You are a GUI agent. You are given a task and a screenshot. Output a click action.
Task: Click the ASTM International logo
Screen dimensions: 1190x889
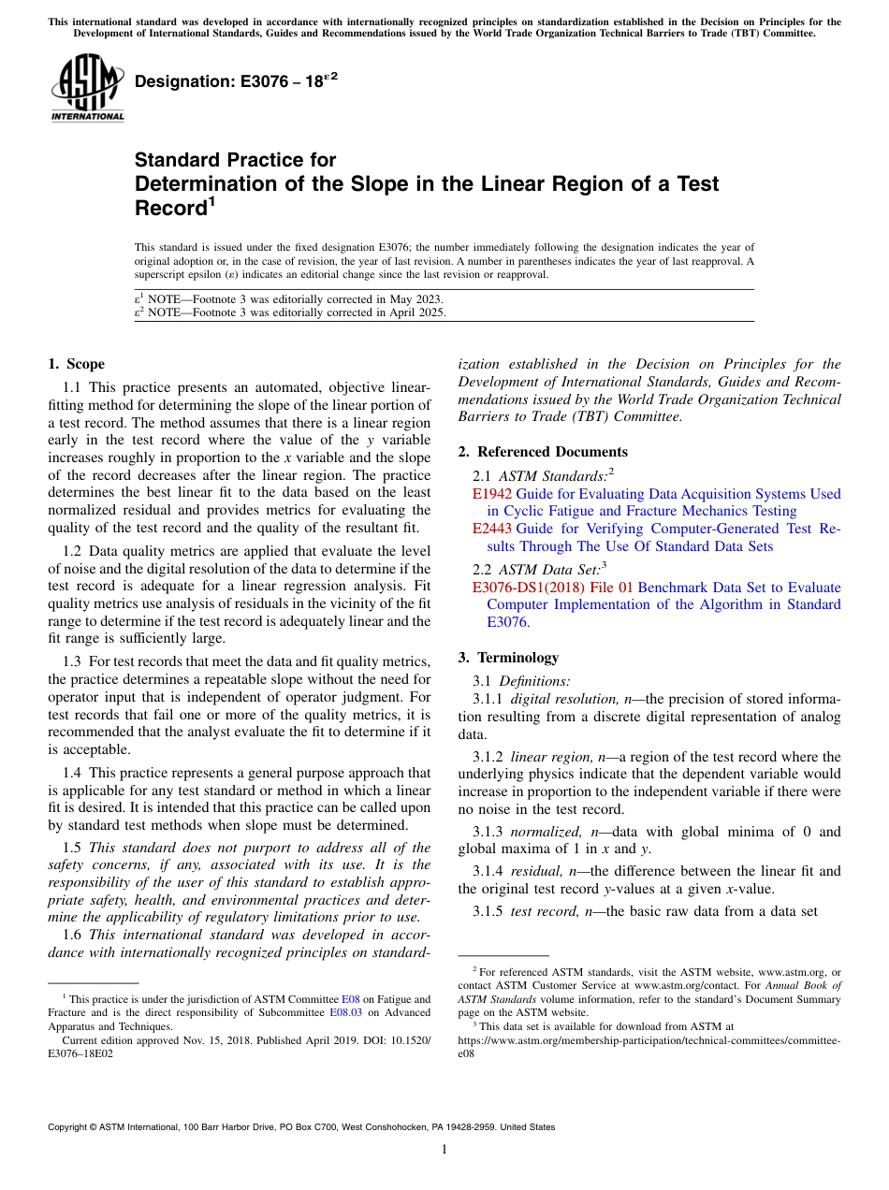coord(88,89)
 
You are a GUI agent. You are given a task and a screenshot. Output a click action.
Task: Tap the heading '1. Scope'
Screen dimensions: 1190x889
coord(76,364)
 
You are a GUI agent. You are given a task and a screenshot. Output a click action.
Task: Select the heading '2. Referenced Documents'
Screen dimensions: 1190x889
coord(543,452)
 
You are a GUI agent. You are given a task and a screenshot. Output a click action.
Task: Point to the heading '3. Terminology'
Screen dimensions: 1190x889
coord(508,658)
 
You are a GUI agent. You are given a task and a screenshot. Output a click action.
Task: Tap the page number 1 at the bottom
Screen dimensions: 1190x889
coord(444,1150)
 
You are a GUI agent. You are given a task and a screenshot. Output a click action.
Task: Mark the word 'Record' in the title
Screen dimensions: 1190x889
coord(169,208)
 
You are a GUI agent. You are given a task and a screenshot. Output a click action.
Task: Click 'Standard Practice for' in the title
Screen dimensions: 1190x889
coord(235,160)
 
